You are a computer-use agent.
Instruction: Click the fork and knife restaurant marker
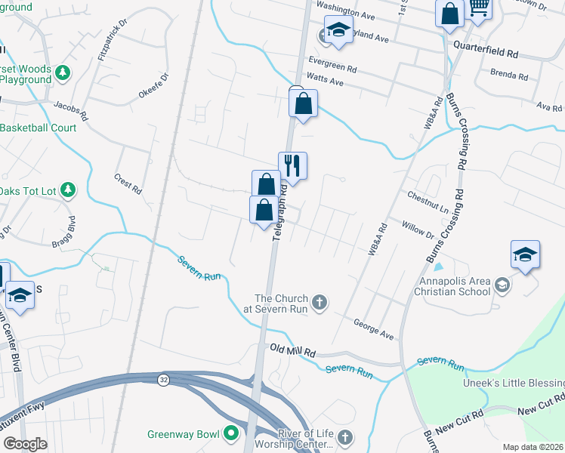click(x=292, y=165)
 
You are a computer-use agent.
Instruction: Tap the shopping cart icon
click(x=478, y=8)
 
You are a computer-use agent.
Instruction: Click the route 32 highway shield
click(x=163, y=379)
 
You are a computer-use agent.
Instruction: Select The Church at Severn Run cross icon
click(x=320, y=303)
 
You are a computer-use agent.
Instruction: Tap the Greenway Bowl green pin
click(x=231, y=433)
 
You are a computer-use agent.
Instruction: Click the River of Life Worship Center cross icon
click(x=344, y=437)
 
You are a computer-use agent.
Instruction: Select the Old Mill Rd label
click(x=292, y=351)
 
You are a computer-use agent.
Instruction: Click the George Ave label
click(x=374, y=328)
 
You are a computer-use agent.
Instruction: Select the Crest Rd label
click(x=128, y=183)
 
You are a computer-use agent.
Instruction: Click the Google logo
click(x=25, y=444)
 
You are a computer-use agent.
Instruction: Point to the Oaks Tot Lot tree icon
click(x=68, y=190)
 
